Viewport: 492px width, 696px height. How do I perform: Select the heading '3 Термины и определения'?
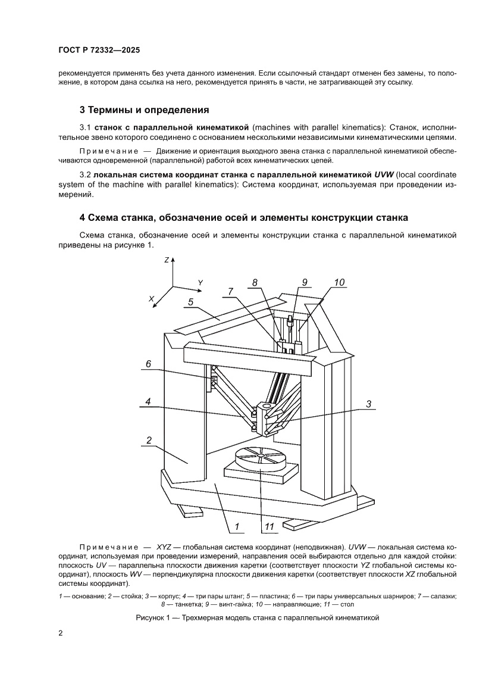(144, 110)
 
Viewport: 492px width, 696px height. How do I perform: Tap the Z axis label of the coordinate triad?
(167, 260)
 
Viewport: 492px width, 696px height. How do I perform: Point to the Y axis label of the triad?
(200, 282)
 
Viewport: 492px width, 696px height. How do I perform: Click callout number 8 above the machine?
(255, 283)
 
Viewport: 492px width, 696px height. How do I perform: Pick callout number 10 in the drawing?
(339, 283)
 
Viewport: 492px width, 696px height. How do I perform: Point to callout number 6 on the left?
(149, 364)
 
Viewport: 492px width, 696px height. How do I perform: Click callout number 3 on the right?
(368, 404)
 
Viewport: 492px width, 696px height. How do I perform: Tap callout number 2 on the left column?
(147, 441)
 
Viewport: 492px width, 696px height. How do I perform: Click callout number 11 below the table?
(268, 526)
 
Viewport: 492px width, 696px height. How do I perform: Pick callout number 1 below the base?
(236, 526)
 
